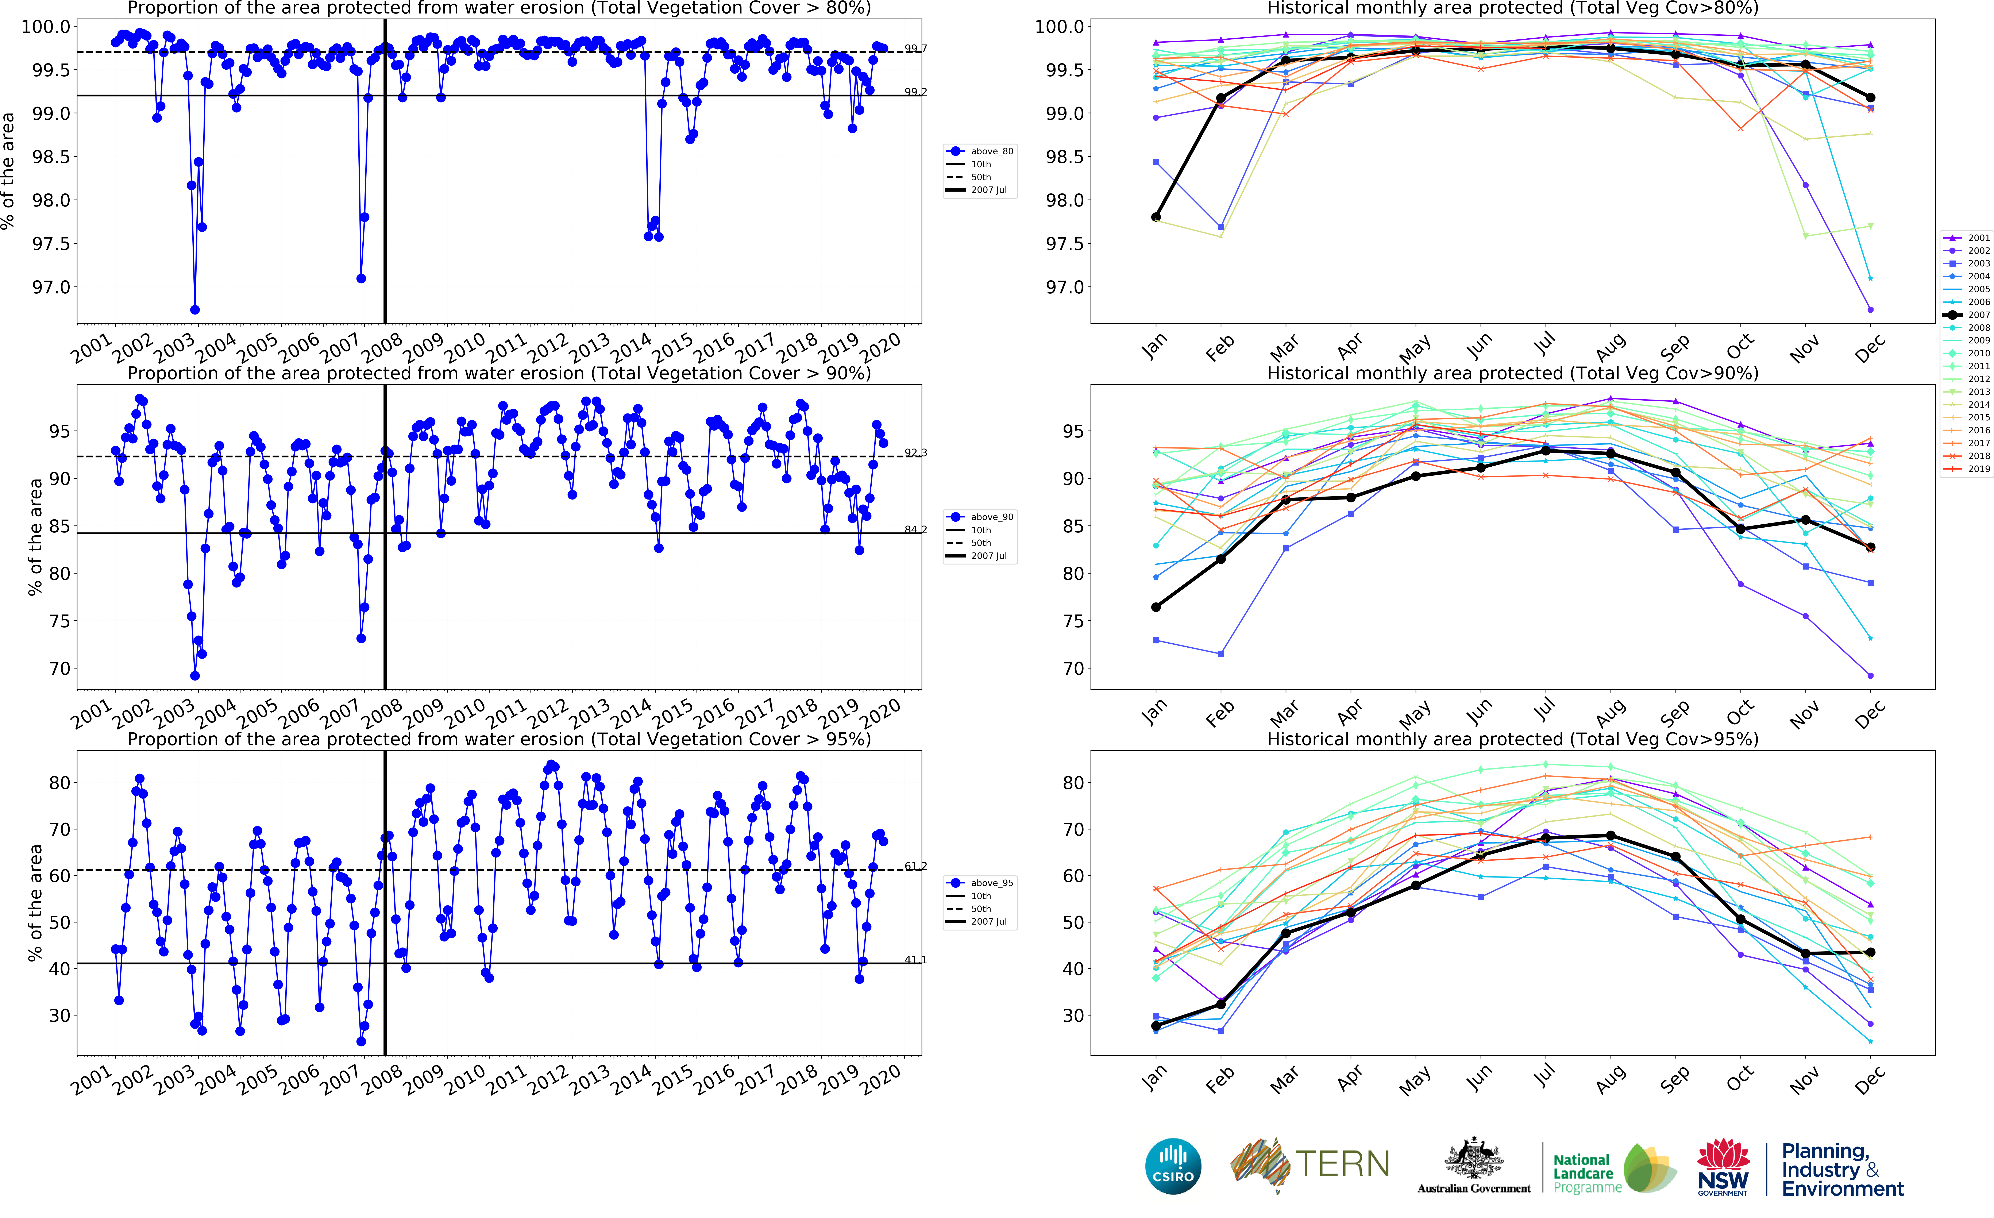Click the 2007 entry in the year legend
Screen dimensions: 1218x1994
point(1967,315)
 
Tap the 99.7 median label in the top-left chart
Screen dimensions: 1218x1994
point(915,49)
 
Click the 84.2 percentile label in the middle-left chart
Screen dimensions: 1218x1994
point(915,529)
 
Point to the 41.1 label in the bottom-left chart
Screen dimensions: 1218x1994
point(915,960)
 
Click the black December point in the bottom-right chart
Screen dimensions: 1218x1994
point(1870,953)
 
